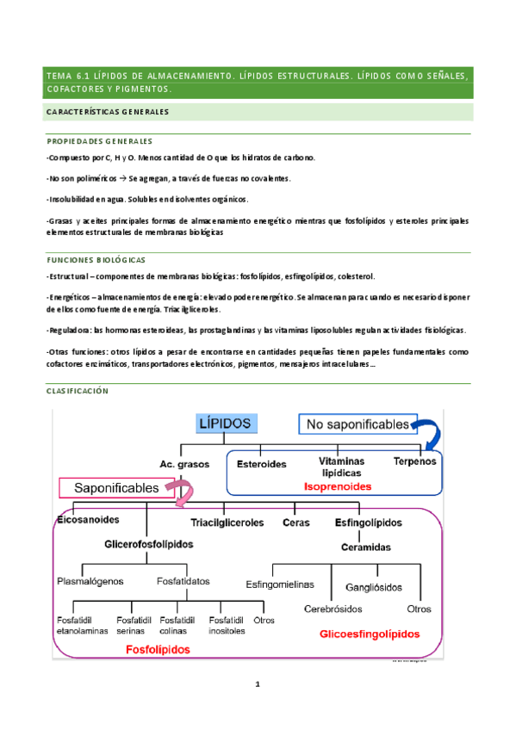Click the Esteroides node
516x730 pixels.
261,463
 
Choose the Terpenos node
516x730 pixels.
415,461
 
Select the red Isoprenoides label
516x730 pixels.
338,486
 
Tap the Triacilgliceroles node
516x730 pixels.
227,523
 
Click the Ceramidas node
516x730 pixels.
366,547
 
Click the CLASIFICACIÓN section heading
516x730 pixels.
78,391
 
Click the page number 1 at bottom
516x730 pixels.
257,685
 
